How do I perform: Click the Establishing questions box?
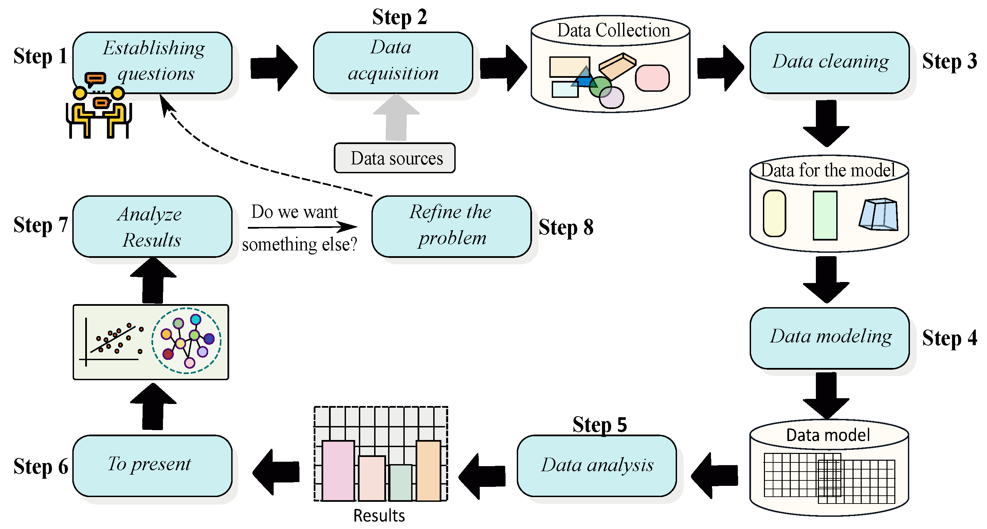click(x=152, y=63)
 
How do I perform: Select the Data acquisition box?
click(x=393, y=63)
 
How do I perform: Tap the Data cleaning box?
click(x=829, y=63)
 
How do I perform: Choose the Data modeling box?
click(x=829, y=338)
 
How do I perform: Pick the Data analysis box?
click(x=597, y=465)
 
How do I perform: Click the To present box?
click(x=152, y=465)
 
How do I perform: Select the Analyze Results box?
click(x=152, y=226)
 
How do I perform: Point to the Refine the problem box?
click(x=451, y=226)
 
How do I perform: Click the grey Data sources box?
click(x=395, y=158)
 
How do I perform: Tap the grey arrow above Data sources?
click(x=396, y=117)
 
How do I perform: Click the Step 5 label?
click(x=600, y=424)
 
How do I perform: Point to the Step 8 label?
click(x=566, y=227)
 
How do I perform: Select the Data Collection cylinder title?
click(x=614, y=30)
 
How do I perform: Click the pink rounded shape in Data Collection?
click(x=652, y=78)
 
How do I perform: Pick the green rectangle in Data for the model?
click(x=825, y=215)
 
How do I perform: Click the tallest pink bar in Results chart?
click(x=338, y=471)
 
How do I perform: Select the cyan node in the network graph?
click(x=196, y=319)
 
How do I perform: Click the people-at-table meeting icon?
click(x=99, y=105)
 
